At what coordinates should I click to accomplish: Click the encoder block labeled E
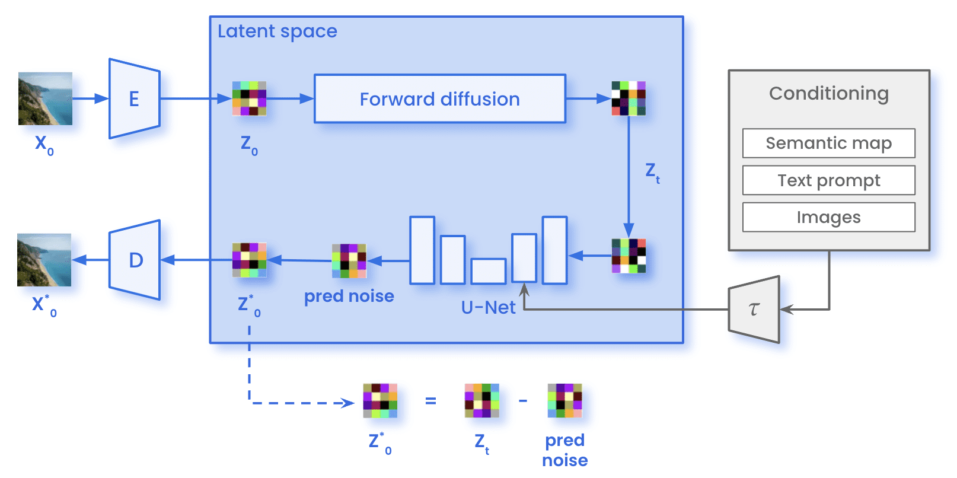(135, 98)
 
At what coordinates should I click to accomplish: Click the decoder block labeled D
(135, 260)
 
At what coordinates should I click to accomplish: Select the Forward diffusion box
(439, 99)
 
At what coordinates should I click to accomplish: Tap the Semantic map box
(828, 143)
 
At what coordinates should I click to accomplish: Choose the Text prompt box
(828, 180)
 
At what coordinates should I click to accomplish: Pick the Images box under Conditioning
(828, 217)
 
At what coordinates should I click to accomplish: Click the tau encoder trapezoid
(754, 309)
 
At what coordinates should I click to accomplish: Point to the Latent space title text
(277, 31)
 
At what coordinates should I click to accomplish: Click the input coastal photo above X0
(45, 98)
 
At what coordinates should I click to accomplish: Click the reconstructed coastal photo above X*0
(44, 260)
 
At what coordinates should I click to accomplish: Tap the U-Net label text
(488, 307)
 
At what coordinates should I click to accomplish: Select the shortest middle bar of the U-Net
(489, 271)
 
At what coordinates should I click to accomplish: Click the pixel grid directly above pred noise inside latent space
(349, 261)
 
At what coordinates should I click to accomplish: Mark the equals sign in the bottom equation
(430, 401)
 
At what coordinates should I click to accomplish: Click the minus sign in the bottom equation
(522, 401)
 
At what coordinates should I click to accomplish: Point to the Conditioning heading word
(828, 93)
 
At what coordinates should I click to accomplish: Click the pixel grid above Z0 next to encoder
(249, 98)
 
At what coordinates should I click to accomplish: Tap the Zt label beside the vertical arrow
(652, 173)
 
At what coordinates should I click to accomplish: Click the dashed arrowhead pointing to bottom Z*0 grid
(349, 403)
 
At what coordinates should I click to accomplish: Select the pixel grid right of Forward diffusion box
(629, 98)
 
